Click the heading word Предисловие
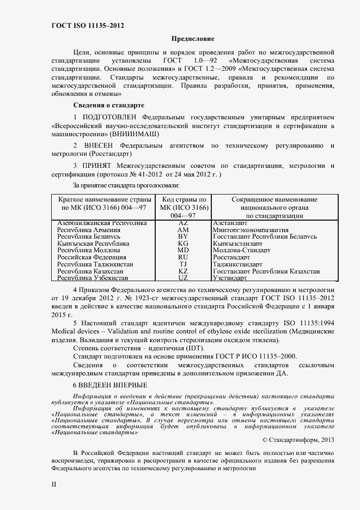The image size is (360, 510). [193, 39]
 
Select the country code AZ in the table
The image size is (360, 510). [183, 223]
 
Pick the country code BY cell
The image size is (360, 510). [183, 237]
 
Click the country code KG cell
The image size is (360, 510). [183, 244]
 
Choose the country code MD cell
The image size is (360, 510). [183, 251]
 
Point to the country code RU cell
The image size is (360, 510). [183, 257]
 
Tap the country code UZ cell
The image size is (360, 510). [183, 277]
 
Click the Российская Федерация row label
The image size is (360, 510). [91, 257]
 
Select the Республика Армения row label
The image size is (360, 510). [88, 230]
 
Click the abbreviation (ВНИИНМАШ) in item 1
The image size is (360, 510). [135, 133]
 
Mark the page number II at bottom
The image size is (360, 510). [53, 483]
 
